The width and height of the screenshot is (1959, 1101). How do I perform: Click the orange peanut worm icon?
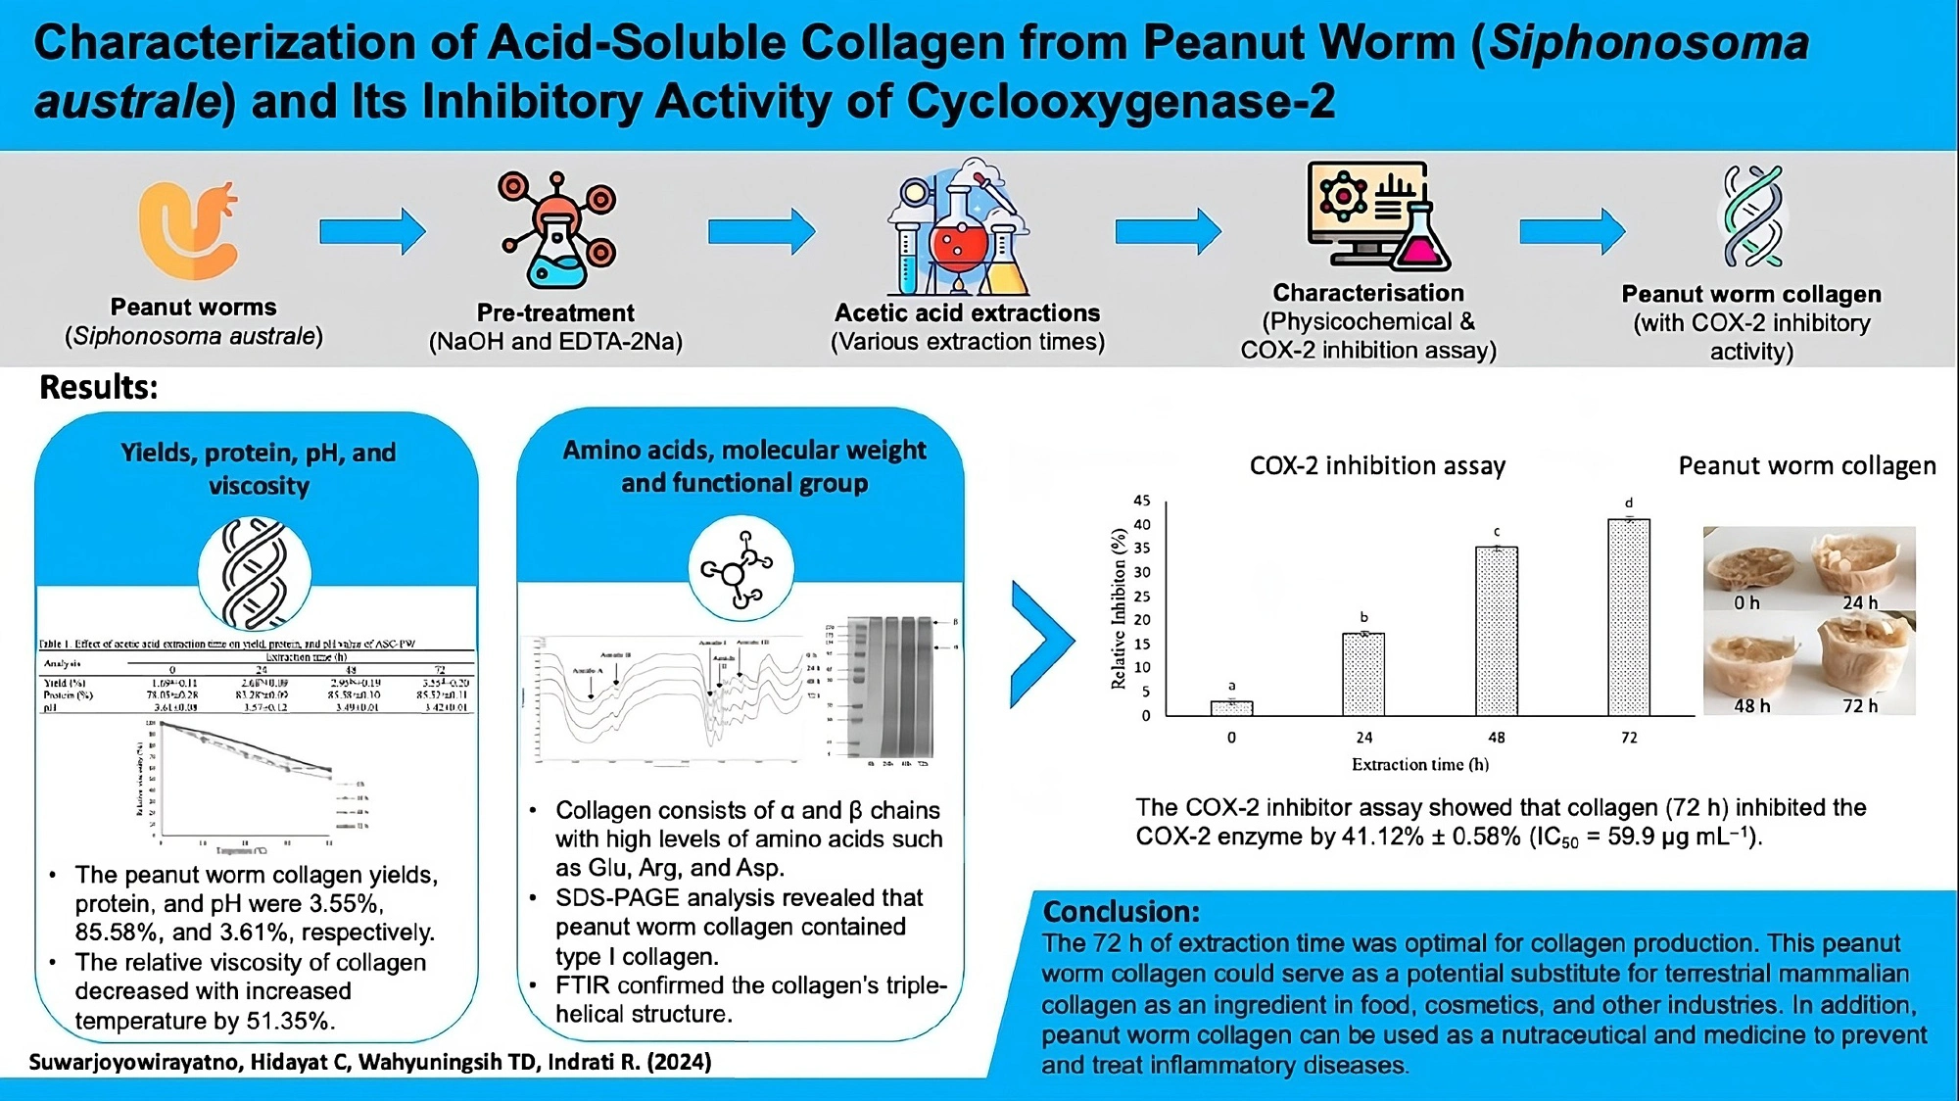point(188,229)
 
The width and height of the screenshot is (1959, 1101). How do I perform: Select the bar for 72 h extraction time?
point(1628,617)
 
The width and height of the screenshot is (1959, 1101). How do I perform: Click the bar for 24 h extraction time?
point(1362,674)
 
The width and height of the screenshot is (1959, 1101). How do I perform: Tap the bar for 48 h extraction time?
point(1496,631)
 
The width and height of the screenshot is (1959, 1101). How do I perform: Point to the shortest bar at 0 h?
point(1231,707)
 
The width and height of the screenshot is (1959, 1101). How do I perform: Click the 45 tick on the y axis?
point(1142,501)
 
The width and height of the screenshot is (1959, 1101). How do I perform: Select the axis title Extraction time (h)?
point(1419,764)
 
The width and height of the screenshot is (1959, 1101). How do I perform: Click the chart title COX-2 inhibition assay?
point(1377,465)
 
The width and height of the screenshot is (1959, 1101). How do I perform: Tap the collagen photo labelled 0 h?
point(1750,567)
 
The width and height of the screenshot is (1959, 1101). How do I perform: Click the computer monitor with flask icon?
point(1377,215)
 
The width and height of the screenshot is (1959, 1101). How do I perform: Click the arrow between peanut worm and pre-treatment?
point(372,232)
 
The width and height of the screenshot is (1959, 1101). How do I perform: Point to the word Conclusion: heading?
point(1121,912)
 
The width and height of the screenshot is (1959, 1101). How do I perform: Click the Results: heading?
point(98,388)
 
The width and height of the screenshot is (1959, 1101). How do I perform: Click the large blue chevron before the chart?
point(1042,644)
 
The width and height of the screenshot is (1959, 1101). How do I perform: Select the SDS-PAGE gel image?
point(889,690)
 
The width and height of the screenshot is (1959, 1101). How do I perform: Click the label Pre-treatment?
point(555,313)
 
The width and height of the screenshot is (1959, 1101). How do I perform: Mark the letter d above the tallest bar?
point(1629,503)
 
